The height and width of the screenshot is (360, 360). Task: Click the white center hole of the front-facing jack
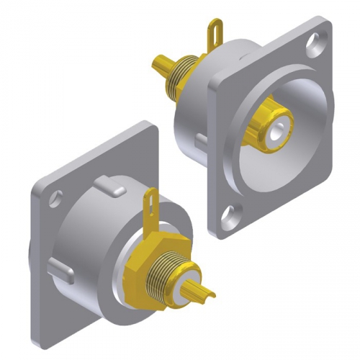tap(274, 130)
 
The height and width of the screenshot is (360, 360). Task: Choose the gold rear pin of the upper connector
tap(159, 64)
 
